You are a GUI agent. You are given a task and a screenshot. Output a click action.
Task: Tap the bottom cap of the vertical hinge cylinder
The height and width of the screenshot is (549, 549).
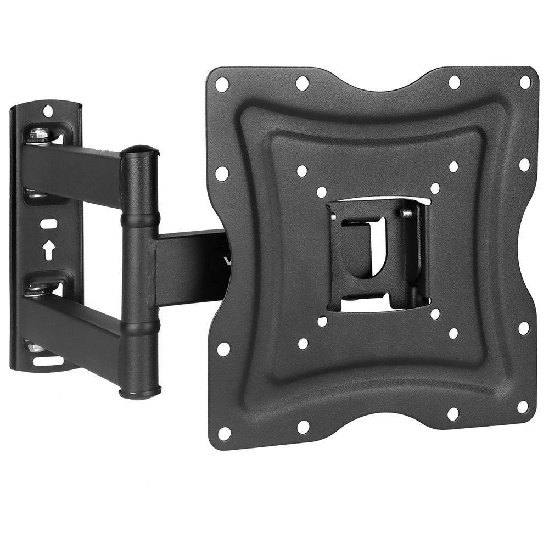point(140,392)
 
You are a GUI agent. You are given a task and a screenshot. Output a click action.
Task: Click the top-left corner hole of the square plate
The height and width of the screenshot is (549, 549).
point(222,85)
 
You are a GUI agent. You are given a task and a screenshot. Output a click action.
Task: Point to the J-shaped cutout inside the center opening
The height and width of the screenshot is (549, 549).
point(376,250)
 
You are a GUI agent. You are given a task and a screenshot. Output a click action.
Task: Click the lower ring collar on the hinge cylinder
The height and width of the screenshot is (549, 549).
point(139,327)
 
